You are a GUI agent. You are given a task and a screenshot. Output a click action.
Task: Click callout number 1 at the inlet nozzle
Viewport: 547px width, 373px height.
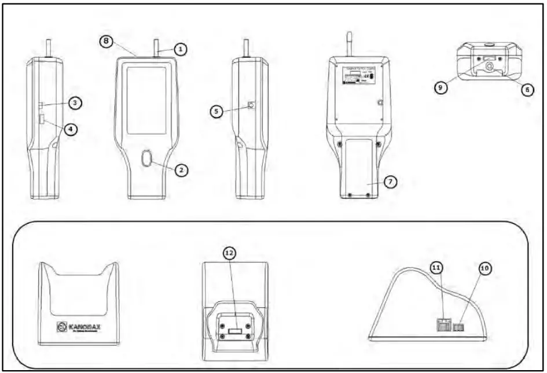pyautogui.click(x=181, y=50)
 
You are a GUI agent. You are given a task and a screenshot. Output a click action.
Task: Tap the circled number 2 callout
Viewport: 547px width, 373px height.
pyautogui.click(x=181, y=169)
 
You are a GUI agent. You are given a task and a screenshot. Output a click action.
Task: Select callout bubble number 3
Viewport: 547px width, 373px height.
pyautogui.click(x=76, y=103)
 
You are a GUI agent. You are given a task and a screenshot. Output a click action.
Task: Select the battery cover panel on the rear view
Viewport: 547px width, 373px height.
pyautogui.click(x=358, y=168)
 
